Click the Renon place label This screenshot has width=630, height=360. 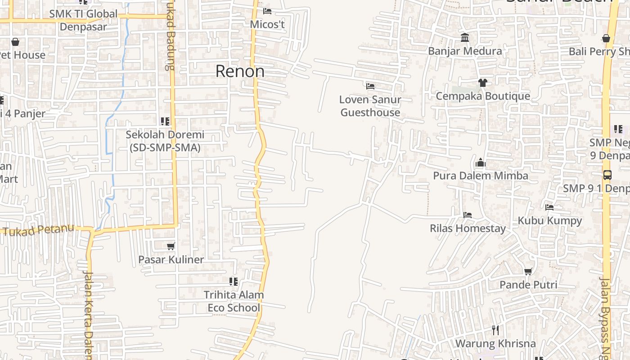(x=240, y=71)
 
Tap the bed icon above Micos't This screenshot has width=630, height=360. (x=267, y=11)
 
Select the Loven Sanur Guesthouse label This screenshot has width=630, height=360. (x=370, y=106)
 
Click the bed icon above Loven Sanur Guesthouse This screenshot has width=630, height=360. (x=370, y=86)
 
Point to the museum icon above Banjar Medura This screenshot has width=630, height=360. (x=465, y=37)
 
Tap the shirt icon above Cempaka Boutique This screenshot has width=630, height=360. (x=483, y=82)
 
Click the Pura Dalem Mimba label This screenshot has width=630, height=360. (x=481, y=175)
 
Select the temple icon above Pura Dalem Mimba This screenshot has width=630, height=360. (x=481, y=162)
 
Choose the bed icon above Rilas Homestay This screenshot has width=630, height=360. (x=468, y=215)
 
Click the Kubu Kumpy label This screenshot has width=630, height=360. (x=549, y=220)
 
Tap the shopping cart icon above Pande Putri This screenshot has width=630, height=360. (x=528, y=271)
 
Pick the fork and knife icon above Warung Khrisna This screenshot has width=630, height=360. (x=495, y=330)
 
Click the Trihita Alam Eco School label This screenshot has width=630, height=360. (x=234, y=301)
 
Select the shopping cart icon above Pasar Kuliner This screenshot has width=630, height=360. (x=171, y=246)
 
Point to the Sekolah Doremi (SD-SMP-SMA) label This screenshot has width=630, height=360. (x=165, y=141)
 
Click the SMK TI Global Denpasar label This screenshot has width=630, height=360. (x=83, y=20)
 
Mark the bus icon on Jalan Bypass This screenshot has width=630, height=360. (x=607, y=175)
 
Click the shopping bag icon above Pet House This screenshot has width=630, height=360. (x=15, y=42)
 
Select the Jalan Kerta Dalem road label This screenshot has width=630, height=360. (x=88, y=315)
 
